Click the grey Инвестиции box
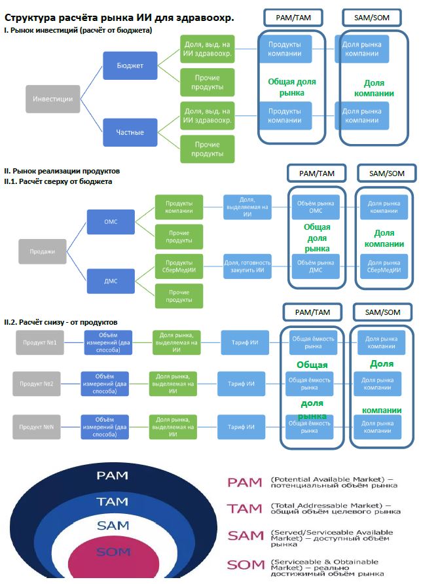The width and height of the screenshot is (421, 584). [x=53, y=99]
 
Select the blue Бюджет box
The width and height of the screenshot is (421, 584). [x=130, y=65]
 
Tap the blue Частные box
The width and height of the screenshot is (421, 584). [x=130, y=132]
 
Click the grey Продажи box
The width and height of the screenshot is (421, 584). [x=43, y=251]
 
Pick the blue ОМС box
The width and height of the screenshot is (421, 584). [x=111, y=221]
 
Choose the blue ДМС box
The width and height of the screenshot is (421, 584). [x=111, y=282]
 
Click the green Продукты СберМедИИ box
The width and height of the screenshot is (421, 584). [x=179, y=266]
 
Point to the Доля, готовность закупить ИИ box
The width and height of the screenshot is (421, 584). [x=247, y=266]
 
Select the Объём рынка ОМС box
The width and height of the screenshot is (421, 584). [x=316, y=207]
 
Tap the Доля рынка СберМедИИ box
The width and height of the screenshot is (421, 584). [x=384, y=266]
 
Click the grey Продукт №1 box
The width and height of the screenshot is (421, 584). [x=40, y=342]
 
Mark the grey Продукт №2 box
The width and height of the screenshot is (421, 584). [x=37, y=384]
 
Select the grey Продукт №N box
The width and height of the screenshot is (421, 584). [x=37, y=427]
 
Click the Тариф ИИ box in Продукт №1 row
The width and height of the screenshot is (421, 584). [x=245, y=342]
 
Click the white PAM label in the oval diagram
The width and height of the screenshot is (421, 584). [x=112, y=475]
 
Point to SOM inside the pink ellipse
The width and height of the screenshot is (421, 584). [x=113, y=552]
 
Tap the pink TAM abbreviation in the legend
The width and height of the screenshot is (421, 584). [x=245, y=509]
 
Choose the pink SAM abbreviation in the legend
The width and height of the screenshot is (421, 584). [x=246, y=536]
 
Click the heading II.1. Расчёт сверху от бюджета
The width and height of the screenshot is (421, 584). [x=58, y=181]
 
